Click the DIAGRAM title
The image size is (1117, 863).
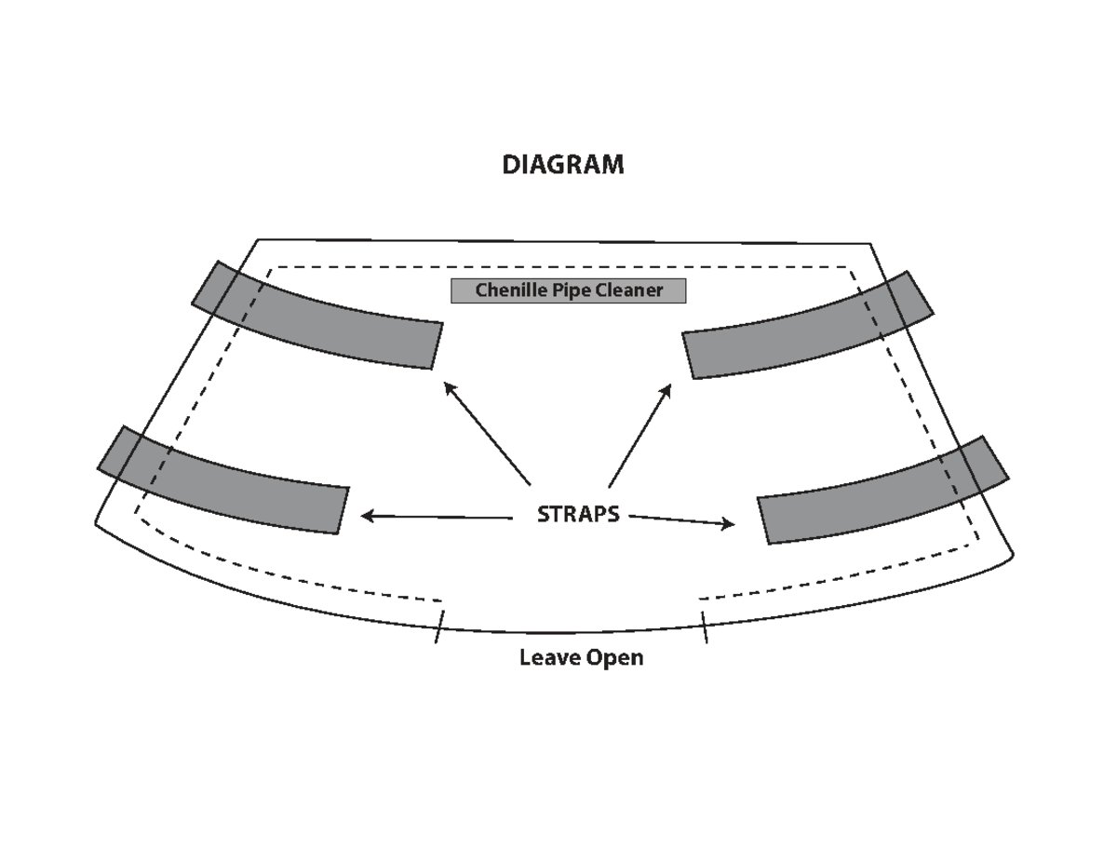563,165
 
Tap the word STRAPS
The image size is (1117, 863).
578,515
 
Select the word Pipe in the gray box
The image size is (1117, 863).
572,291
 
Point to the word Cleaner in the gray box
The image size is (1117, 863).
629,290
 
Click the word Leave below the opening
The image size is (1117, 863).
549,658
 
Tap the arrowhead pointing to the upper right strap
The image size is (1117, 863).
666,390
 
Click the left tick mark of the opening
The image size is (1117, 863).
439,627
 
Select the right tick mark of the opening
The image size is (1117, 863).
705,627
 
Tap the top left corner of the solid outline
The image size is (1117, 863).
258,239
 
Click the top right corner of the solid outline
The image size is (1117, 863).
870,244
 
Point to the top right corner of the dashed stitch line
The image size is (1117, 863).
848,267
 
